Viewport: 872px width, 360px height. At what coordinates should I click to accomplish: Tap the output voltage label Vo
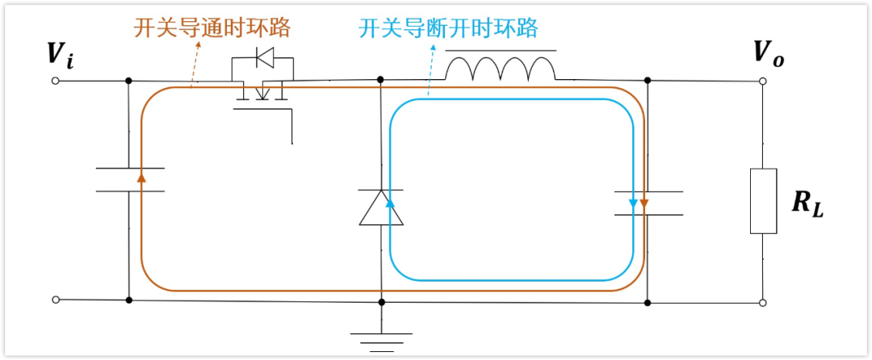point(768,54)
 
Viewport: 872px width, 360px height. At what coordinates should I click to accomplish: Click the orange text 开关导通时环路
point(212,28)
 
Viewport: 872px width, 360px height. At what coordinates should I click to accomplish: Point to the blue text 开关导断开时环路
point(448,28)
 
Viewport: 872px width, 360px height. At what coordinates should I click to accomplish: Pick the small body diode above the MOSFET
point(263,57)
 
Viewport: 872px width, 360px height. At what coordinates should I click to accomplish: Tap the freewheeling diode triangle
point(381,208)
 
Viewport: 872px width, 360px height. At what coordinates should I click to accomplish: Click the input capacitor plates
point(129,179)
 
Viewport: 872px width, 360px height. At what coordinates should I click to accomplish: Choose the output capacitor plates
point(648,203)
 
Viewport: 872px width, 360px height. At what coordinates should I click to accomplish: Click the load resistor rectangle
point(763,201)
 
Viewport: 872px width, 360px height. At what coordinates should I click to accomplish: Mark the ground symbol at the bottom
point(381,341)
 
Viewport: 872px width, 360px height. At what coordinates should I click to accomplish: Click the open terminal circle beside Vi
point(56,81)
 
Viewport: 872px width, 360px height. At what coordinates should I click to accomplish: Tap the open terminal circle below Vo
point(763,303)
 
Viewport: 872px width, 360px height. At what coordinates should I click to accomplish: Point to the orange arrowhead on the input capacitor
point(141,176)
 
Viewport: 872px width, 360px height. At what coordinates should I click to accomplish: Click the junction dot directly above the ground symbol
point(381,302)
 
